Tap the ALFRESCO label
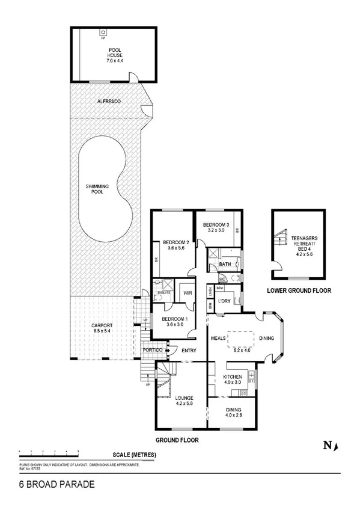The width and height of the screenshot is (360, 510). (x=109, y=102)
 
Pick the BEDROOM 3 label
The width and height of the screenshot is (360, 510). (x=218, y=226)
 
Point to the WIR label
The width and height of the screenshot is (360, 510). (x=186, y=293)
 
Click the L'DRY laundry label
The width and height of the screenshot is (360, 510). (x=225, y=301)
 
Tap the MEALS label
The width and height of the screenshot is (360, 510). (x=218, y=339)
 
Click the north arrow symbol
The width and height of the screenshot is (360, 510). (x=331, y=446)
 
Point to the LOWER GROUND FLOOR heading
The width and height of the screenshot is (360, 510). (x=299, y=291)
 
